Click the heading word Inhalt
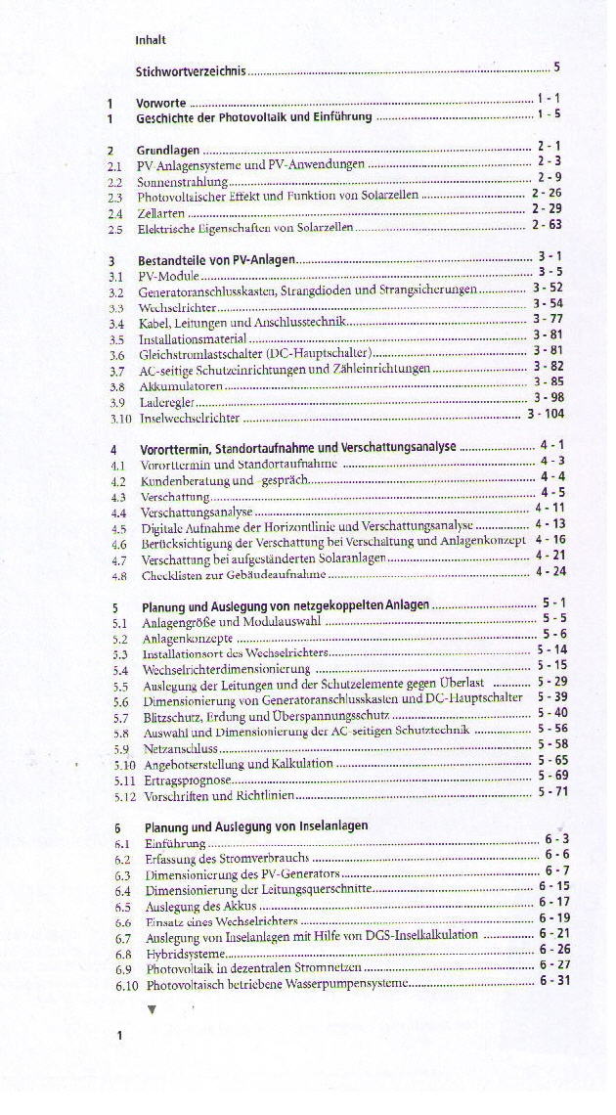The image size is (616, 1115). coord(151,40)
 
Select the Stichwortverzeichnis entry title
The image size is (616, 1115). coord(191,70)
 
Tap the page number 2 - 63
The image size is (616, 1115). coord(547,224)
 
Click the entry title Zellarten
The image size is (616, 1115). coord(161,212)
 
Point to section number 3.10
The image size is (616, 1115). coord(120,418)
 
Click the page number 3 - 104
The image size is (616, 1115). coord(546,414)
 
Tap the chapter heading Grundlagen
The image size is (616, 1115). coord(168,150)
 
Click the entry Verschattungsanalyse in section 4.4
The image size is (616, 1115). coord(197,512)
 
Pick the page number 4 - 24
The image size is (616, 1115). coord(550,571)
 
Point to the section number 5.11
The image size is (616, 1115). coord(123,780)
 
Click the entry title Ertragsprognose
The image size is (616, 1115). coord(186,780)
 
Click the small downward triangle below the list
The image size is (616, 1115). coord(152,1009)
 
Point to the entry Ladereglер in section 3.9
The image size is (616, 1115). coord(167,402)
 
